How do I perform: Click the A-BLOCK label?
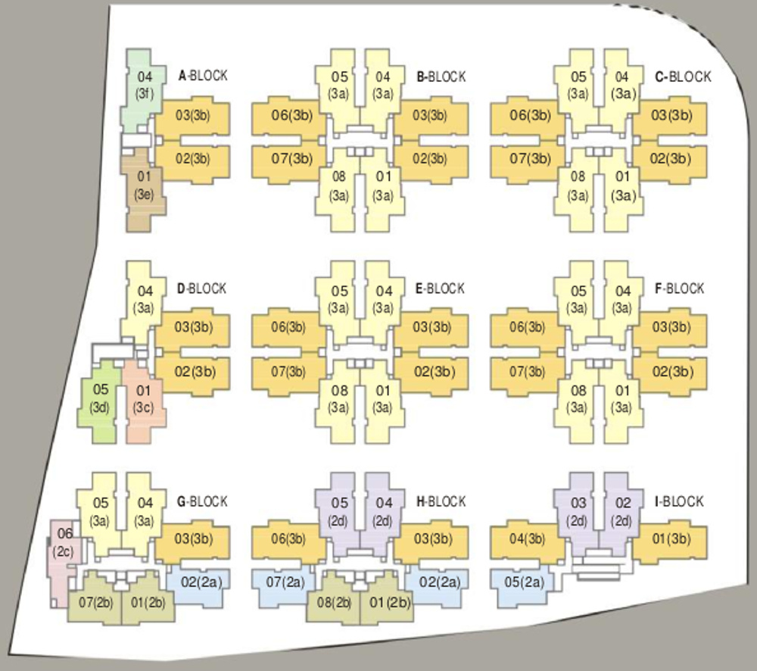point(203,76)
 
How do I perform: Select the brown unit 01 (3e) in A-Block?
point(144,189)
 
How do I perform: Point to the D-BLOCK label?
point(201,289)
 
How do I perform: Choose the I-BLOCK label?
point(679,501)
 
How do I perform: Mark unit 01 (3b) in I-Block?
point(671,538)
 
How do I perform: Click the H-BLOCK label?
point(441,501)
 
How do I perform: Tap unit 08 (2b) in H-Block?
point(334,599)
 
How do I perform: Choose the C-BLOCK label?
point(683,76)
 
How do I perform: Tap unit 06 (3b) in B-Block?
point(291,116)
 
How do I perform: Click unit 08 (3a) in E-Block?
point(339,400)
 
